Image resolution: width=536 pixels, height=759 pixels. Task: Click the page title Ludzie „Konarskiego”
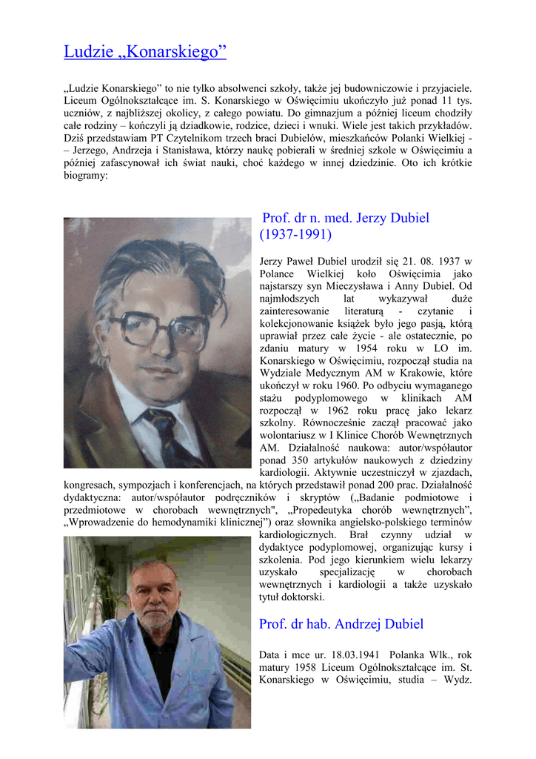tap(145, 52)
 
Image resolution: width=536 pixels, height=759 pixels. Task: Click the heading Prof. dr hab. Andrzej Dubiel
tap(341, 624)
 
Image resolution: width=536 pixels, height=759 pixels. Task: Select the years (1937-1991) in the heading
tap(295, 235)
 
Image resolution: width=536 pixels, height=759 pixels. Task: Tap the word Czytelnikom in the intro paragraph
tap(206, 138)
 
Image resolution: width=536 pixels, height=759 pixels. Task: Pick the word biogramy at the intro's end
tap(86, 176)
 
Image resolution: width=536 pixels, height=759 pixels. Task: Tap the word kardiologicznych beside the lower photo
tap(296, 535)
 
